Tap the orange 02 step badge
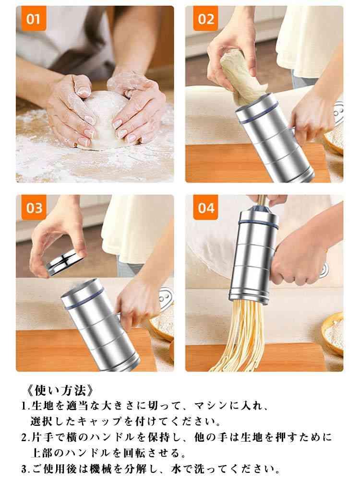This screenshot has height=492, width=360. coord(205,19)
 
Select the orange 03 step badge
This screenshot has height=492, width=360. coord(34,208)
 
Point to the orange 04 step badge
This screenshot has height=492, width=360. coord(205,208)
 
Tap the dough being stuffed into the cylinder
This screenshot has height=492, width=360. coord(241,79)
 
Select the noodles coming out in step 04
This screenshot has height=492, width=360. coord(239,336)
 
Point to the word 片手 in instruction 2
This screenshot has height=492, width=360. coord(41,437)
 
